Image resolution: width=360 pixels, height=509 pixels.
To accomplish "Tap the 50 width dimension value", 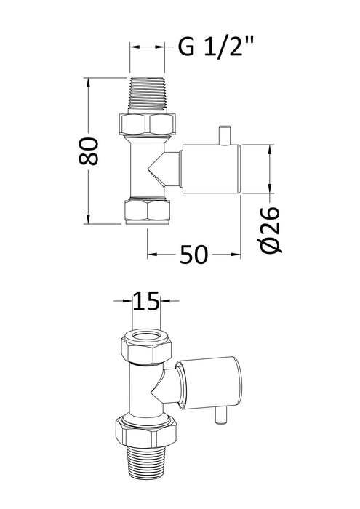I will tap(193, 254).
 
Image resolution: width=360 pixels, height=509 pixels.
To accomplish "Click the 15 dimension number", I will tap(148, 300).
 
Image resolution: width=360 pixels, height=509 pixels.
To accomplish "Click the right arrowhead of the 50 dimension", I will tap(236, 254).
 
